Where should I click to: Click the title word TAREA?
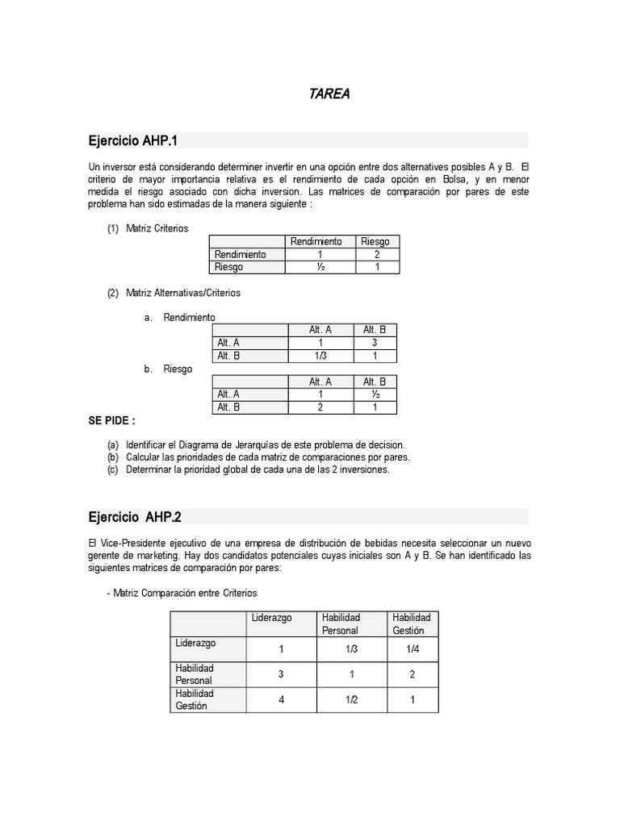329,94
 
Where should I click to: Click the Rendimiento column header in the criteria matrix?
316,241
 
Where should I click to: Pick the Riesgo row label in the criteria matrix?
228,267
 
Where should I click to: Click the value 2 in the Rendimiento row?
376,254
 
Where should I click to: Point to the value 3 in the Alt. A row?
375,342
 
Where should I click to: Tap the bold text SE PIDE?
111,421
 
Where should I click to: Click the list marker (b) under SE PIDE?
112,457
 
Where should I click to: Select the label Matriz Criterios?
157,228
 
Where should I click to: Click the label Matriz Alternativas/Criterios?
182,293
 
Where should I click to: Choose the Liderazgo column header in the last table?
272,618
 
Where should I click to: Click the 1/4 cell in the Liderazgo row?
412,649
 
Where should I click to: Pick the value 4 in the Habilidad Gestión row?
281,699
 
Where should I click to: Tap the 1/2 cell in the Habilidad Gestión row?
351,699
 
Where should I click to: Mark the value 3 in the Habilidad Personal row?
281,674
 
